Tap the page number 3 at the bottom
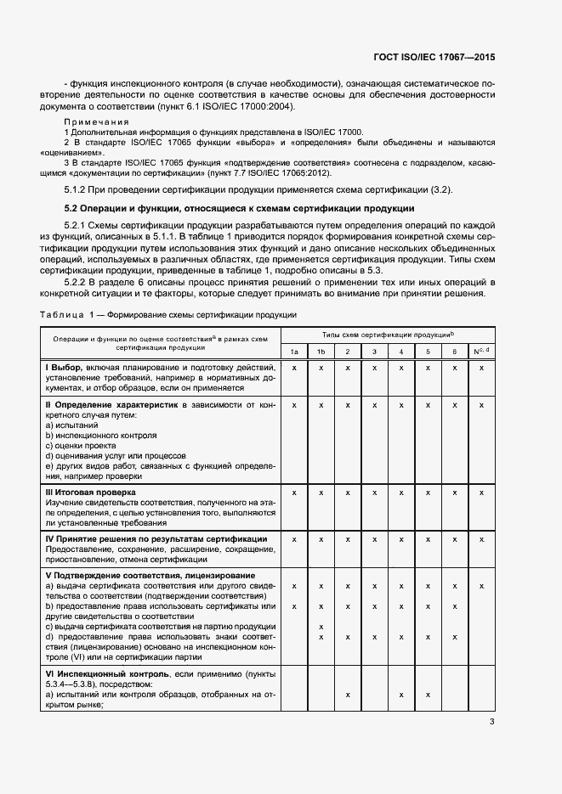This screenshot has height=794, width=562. [x=491, y=723]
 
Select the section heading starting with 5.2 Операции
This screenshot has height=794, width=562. [x=240, y=208]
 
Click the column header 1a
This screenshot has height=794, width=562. [x=294, y=352]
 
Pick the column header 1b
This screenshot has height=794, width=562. [x=321, y=352]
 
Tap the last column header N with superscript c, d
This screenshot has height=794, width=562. [x=481, y=351]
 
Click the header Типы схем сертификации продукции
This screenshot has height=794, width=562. [x=387, y=335]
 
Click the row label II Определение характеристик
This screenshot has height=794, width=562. [x=111, y=405]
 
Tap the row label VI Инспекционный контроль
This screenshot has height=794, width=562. [x=112, y=673]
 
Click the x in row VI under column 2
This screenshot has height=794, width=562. [x=348, y=695]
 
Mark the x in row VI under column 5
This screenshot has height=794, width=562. [x=428, y=695]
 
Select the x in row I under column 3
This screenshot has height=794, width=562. [x=374, y=368]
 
